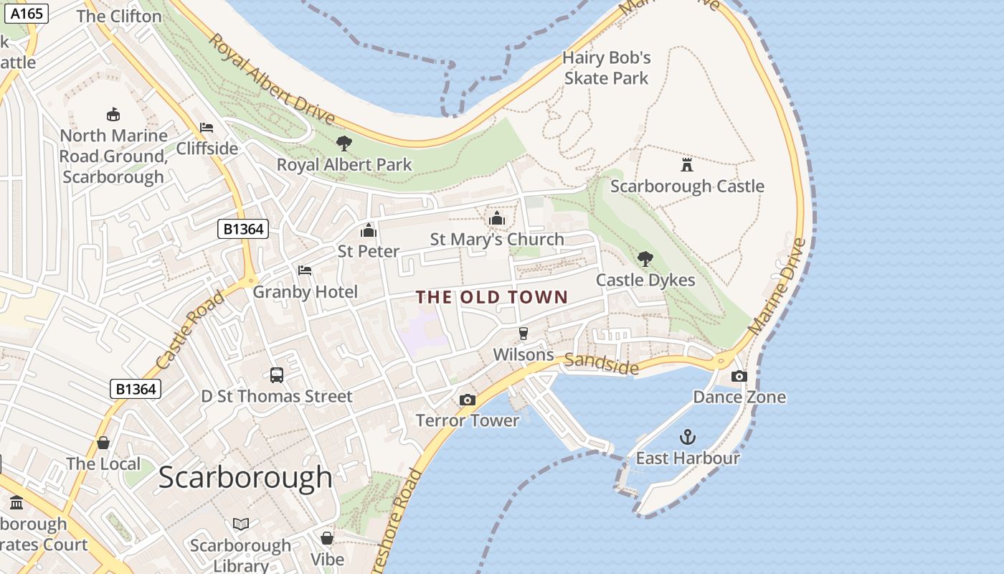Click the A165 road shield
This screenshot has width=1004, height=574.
point(27,13)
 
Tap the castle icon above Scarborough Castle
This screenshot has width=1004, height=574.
point(687,165)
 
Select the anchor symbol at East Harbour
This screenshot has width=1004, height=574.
point(687,437)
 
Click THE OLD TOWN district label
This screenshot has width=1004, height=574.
point(492,297)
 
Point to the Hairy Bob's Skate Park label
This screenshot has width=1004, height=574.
point(606,67)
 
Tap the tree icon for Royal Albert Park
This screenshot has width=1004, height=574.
point(344,143)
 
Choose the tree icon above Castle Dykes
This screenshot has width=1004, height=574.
point(645,259)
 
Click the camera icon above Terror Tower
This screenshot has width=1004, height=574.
point(468,400)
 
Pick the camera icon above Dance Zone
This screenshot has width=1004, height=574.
point(739,376)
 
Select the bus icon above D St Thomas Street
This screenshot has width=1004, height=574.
point(277,375)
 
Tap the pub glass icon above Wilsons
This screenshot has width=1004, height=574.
point(524,334)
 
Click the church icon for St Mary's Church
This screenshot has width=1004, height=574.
point(496,218)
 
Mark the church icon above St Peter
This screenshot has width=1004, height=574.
point(369,230)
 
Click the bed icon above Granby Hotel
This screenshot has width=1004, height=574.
point(305,270)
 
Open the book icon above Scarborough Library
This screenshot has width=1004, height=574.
point(241,524)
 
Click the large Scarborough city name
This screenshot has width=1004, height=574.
point(245,477)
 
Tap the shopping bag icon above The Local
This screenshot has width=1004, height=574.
point(103,443)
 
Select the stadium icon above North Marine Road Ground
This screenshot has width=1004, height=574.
point(113,114)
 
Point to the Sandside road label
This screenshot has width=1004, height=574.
point(601,364)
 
